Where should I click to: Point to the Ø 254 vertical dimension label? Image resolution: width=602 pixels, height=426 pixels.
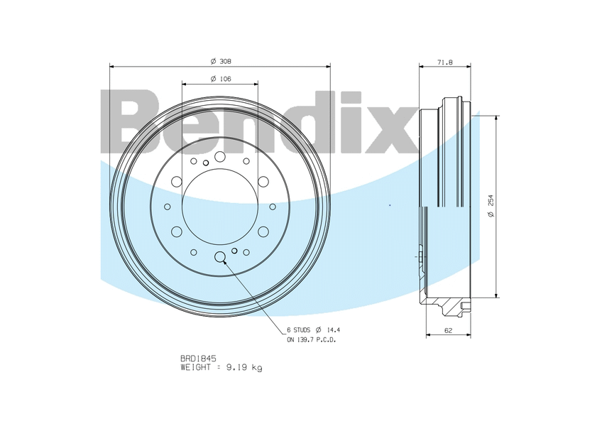point(490,206)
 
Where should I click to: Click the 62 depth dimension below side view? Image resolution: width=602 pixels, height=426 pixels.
point(448,331)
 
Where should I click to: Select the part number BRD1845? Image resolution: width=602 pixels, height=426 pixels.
point(199,359)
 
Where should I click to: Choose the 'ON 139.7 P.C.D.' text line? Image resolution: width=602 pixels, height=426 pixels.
point(310,340)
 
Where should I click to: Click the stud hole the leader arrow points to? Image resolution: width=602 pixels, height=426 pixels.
point(220,256)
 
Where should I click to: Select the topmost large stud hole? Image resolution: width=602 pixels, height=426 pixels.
point(220,156)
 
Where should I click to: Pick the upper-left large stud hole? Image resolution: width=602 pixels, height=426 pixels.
point(177,182)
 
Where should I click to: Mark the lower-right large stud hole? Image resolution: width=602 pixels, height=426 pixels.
point(263,231)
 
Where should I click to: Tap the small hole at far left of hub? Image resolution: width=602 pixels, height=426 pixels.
point(168,207)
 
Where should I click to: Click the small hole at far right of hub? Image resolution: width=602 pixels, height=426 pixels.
point(273,207)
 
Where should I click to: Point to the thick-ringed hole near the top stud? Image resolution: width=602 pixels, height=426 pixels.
point(206,163)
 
